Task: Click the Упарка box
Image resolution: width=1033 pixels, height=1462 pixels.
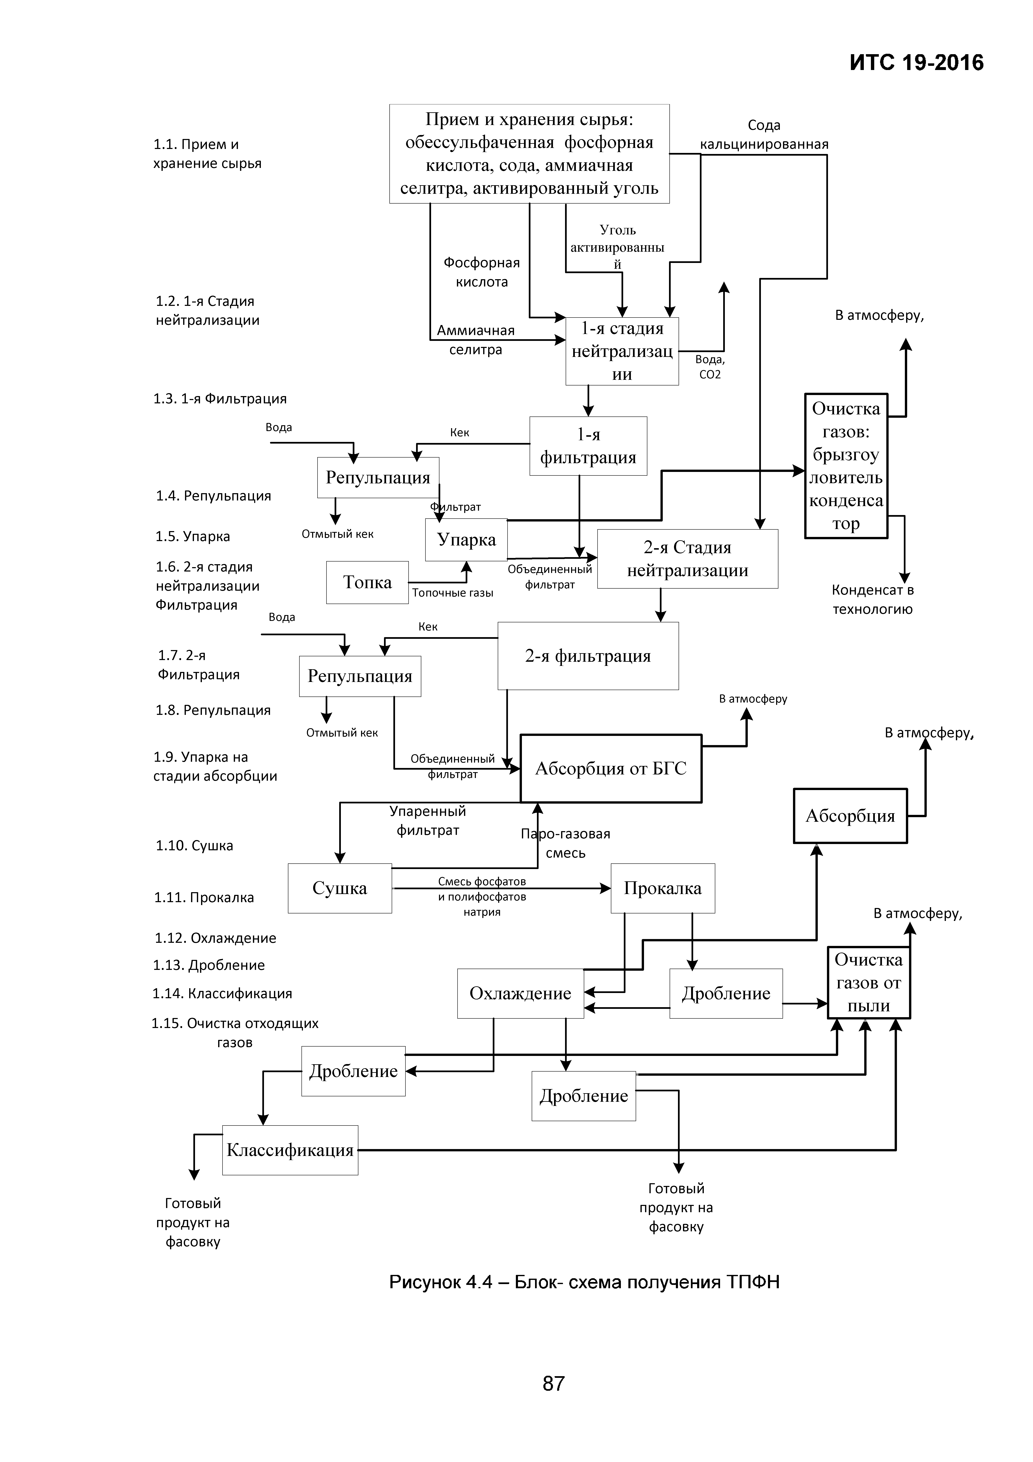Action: [x=466, y=539]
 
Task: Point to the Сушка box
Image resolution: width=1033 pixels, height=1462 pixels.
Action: [x=339, y=888]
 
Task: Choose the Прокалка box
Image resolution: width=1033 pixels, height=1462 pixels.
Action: [x=662, y=888]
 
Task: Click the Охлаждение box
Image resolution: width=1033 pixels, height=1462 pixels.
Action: [x=520, y=993]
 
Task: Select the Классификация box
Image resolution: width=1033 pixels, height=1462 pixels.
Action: [x=290, y=1150]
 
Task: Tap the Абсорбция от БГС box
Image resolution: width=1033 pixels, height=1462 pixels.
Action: [x=611, y=769]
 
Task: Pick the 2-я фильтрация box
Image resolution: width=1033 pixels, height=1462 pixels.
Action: [x=588, y=656]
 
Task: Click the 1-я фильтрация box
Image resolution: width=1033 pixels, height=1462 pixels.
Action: [x=588, y=446]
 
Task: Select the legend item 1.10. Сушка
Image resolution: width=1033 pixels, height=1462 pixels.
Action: [x=194, y=846]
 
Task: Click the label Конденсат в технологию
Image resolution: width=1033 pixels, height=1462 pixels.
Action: [x=873, y=599]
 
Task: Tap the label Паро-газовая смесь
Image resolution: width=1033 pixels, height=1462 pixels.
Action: [x=565, y=843]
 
